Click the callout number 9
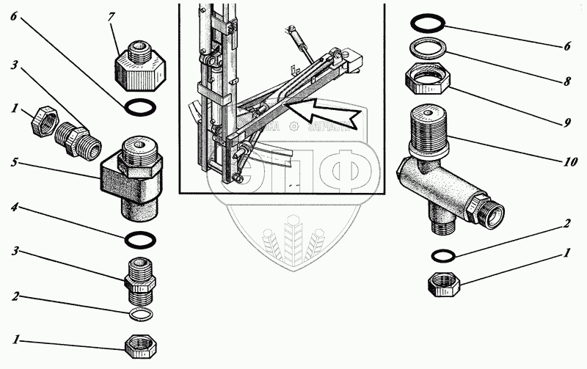click(x=567, y=123)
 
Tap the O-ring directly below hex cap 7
click(x=139, y=109)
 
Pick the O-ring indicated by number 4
click(x=139, y=239)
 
